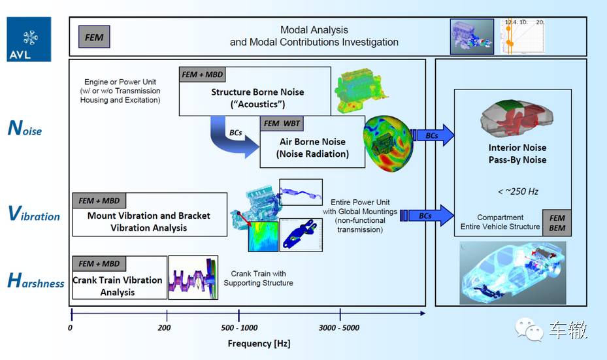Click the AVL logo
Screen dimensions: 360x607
[x=29, y=39]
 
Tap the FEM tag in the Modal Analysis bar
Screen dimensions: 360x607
[x=94, y=37]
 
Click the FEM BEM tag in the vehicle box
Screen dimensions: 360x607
[x=557, y=221]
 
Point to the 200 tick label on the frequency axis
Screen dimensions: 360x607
[x=165, y=327]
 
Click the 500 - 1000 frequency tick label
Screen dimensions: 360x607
[x=239, y=327]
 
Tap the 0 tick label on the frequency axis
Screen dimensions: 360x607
[x=71, y=327]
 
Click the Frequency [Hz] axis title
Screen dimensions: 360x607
[x=259, y=343]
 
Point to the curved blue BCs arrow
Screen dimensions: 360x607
[x=232, y=139]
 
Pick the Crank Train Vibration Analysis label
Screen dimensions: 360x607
[x=118, y=286]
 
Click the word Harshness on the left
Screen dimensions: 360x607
[x=36, y=282]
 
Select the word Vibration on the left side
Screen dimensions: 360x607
[x=34, y=214]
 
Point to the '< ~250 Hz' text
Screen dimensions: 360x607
[x=517, y=191]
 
